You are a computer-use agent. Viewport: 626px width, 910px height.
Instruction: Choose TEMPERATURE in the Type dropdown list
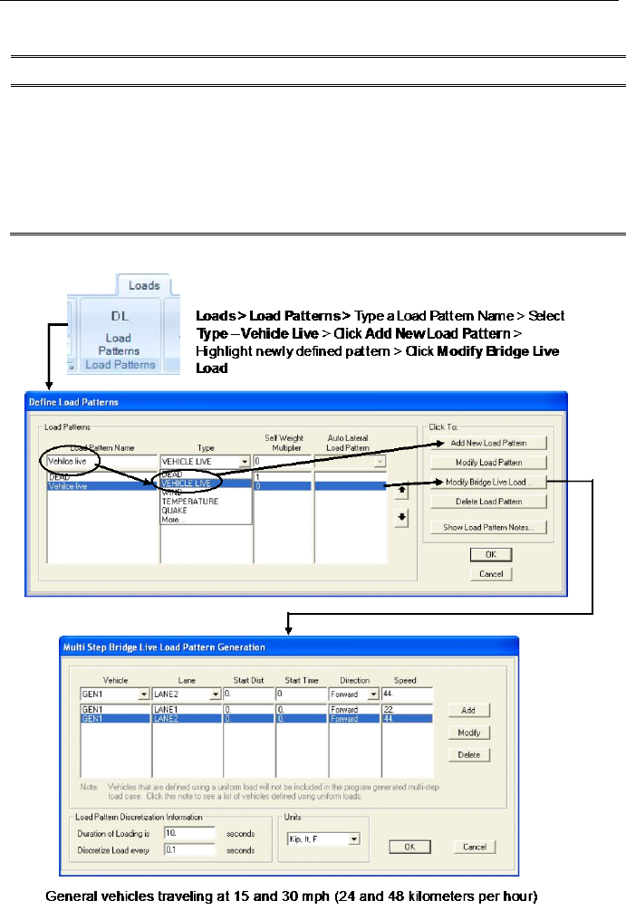coord(190,500)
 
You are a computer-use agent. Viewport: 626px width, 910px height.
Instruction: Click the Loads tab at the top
coord(144,285)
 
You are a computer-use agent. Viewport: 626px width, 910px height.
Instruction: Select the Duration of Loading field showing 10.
coord(188,832)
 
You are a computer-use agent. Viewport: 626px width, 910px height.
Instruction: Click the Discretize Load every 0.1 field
coord(188,850)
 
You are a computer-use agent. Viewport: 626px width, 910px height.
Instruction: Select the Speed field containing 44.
coord(407,694)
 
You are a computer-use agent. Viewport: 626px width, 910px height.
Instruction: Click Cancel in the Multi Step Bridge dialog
coord(475,847)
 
